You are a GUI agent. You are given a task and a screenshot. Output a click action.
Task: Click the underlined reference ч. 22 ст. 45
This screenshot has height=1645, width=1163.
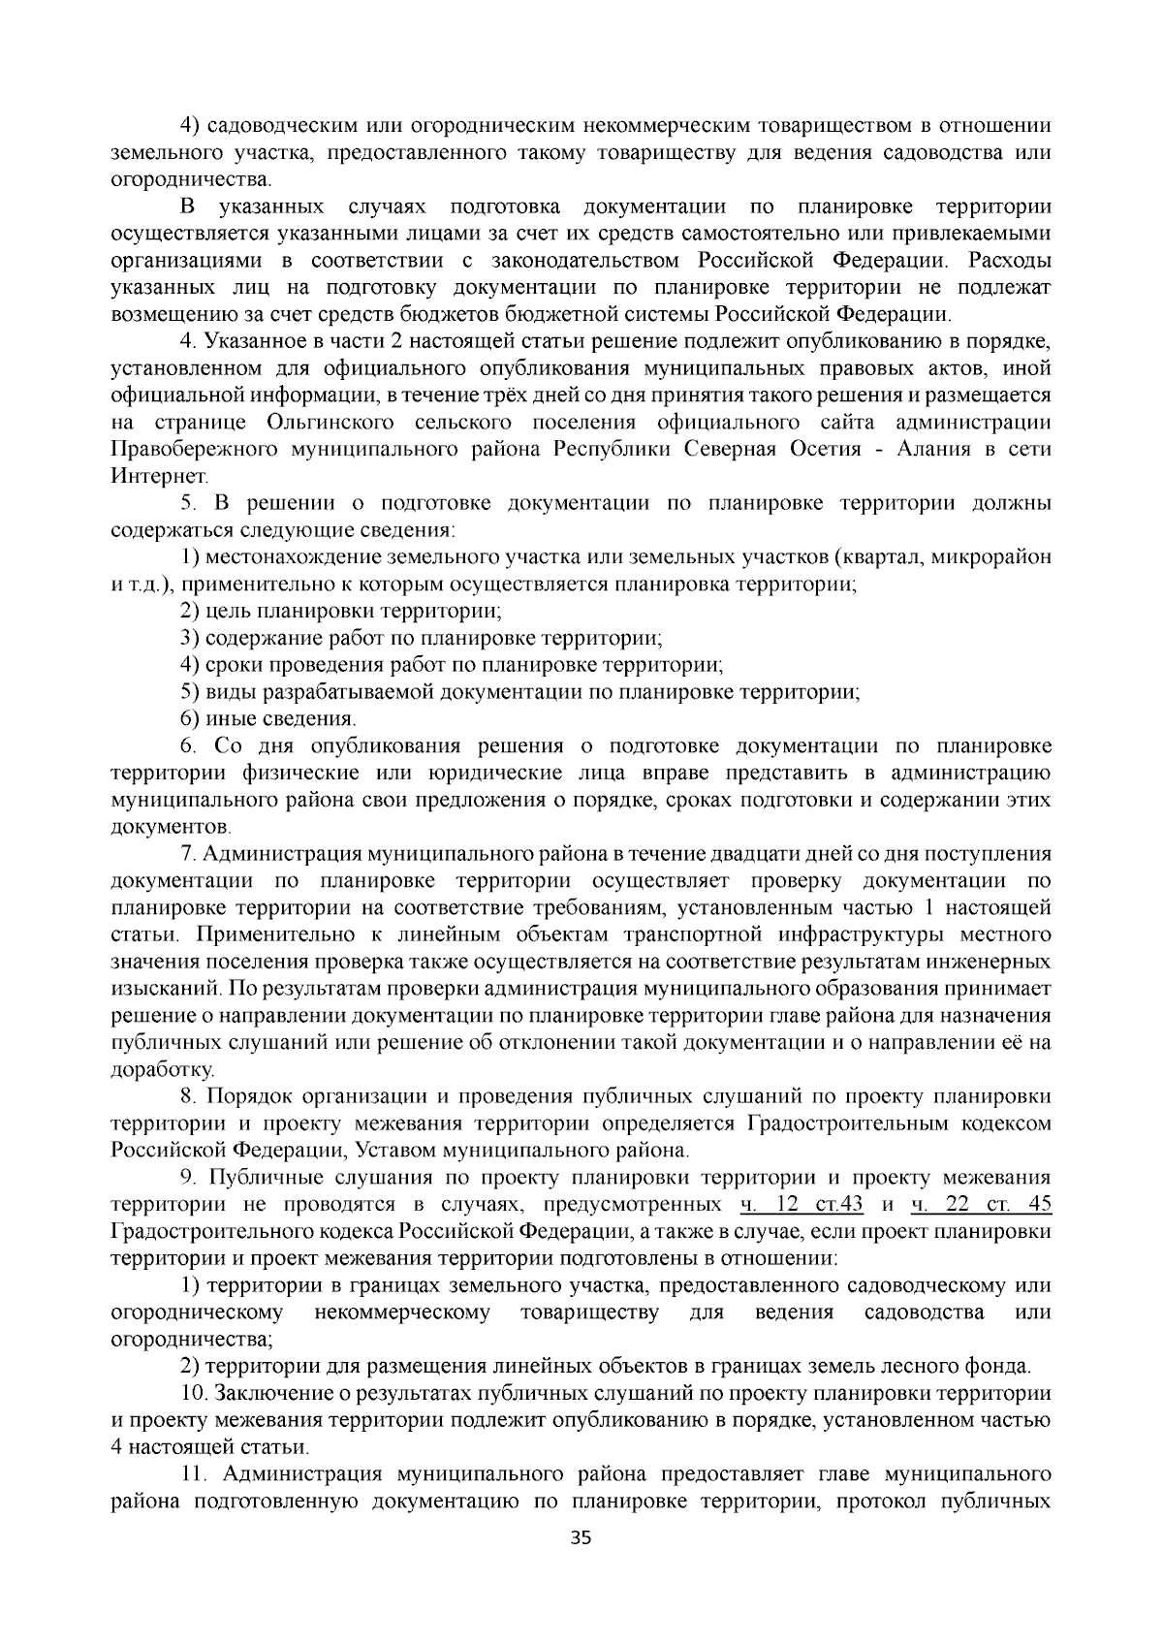pos(982,1205)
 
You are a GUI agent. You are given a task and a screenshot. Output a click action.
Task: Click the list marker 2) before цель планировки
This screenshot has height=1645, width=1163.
pos(191,612)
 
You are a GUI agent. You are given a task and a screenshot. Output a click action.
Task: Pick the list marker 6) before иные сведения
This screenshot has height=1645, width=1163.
pos(191,719)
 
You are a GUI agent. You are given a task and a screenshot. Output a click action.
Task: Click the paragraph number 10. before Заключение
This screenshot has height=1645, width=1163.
pos(194,1394)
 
